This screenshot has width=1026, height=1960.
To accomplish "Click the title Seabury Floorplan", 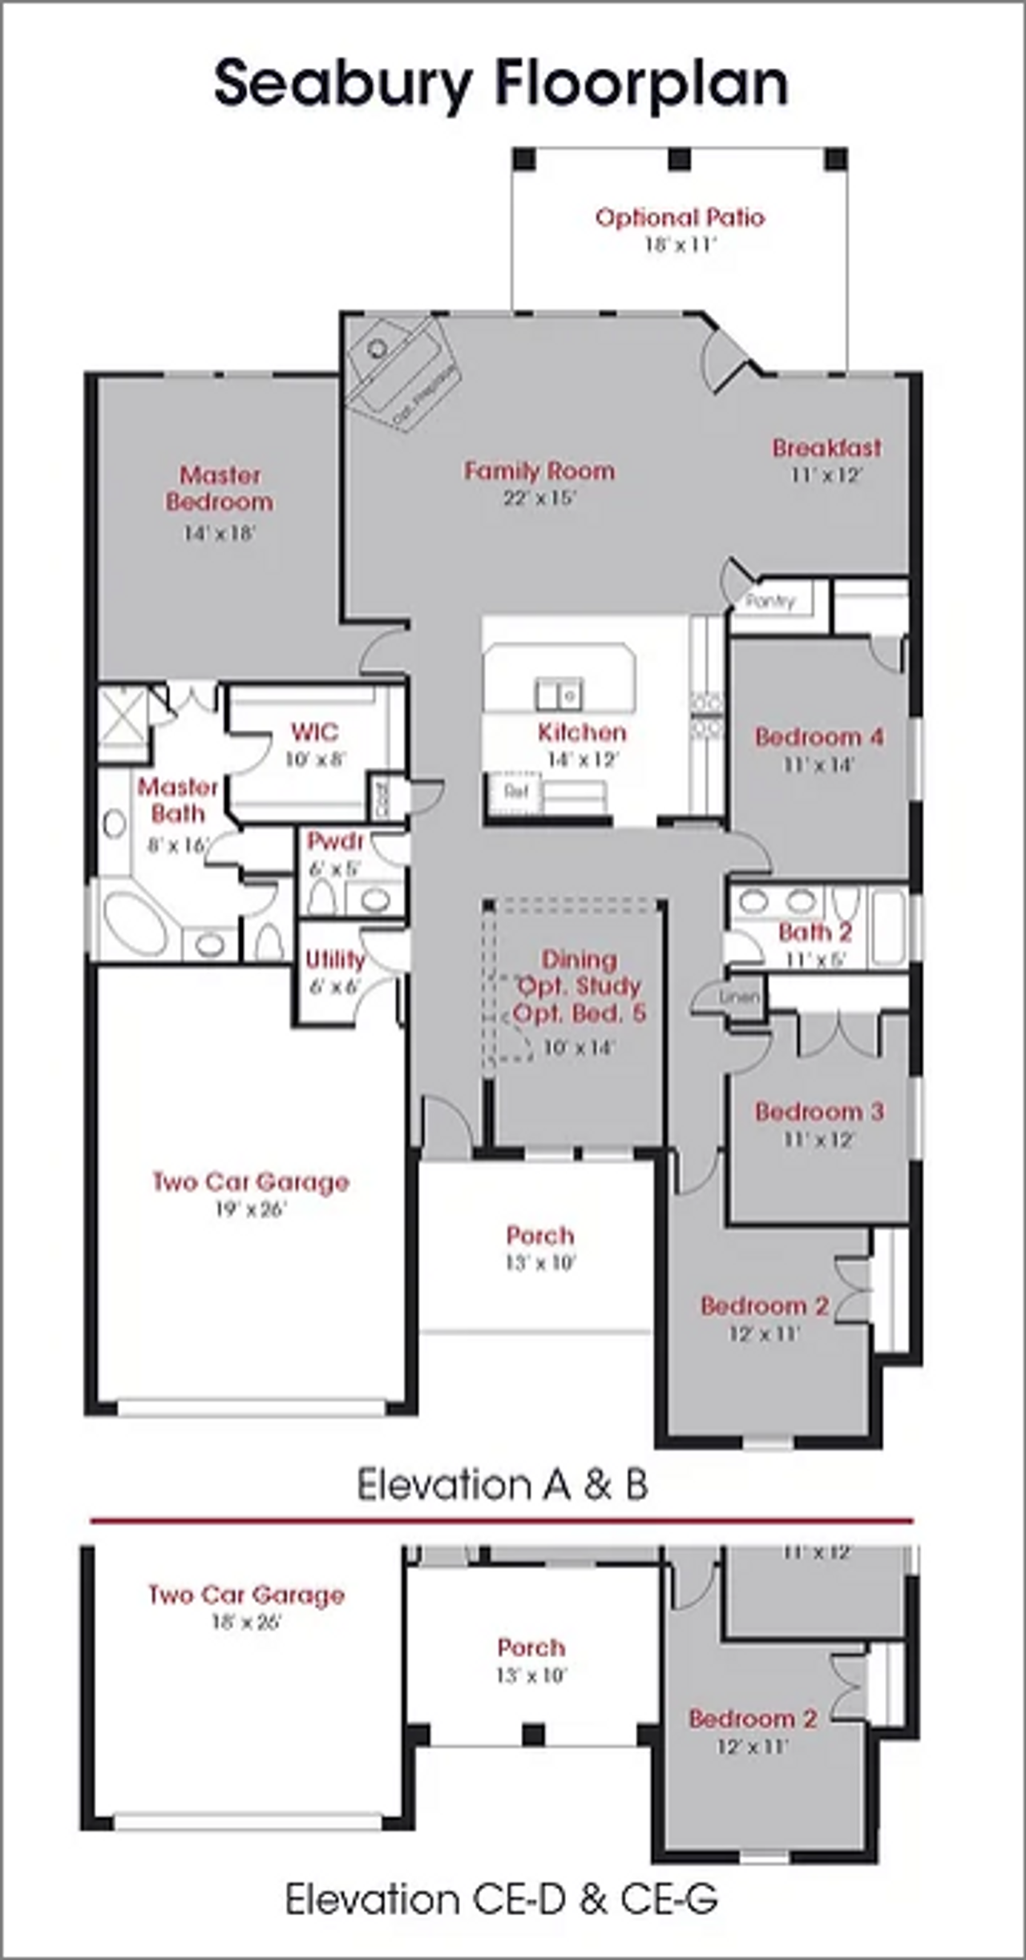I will pos(502,84).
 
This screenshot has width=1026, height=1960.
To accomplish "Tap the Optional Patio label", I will pos(680,218).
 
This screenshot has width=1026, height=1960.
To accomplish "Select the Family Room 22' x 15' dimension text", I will pos(540,498).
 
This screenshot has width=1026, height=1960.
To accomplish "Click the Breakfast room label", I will pos(826,448).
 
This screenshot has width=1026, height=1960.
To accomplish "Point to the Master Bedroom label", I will pos(220,488).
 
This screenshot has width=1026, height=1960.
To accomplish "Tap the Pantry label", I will pos(769,601).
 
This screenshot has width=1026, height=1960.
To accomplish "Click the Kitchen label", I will pos(582,732).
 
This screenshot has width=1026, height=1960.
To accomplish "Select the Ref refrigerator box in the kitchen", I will pos(515,792).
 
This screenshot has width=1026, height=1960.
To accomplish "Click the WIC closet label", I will pos(315,732).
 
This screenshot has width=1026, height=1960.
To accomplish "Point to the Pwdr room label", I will pos(335,841).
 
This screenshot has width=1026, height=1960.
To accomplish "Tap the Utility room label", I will pos(335,959).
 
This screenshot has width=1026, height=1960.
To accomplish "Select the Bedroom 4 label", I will pos(819,737).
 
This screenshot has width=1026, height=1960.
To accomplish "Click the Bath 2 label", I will pos(815,933).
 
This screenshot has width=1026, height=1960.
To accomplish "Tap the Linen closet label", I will pos(739,998).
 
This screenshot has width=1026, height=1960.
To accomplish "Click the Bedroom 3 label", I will pos(819,1112).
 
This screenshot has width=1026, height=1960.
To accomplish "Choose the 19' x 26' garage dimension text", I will pos(250,1209).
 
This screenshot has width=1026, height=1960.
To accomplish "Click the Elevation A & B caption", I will pos(502,1484).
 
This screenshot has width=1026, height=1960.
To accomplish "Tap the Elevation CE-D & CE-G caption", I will pos(502,1898).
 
